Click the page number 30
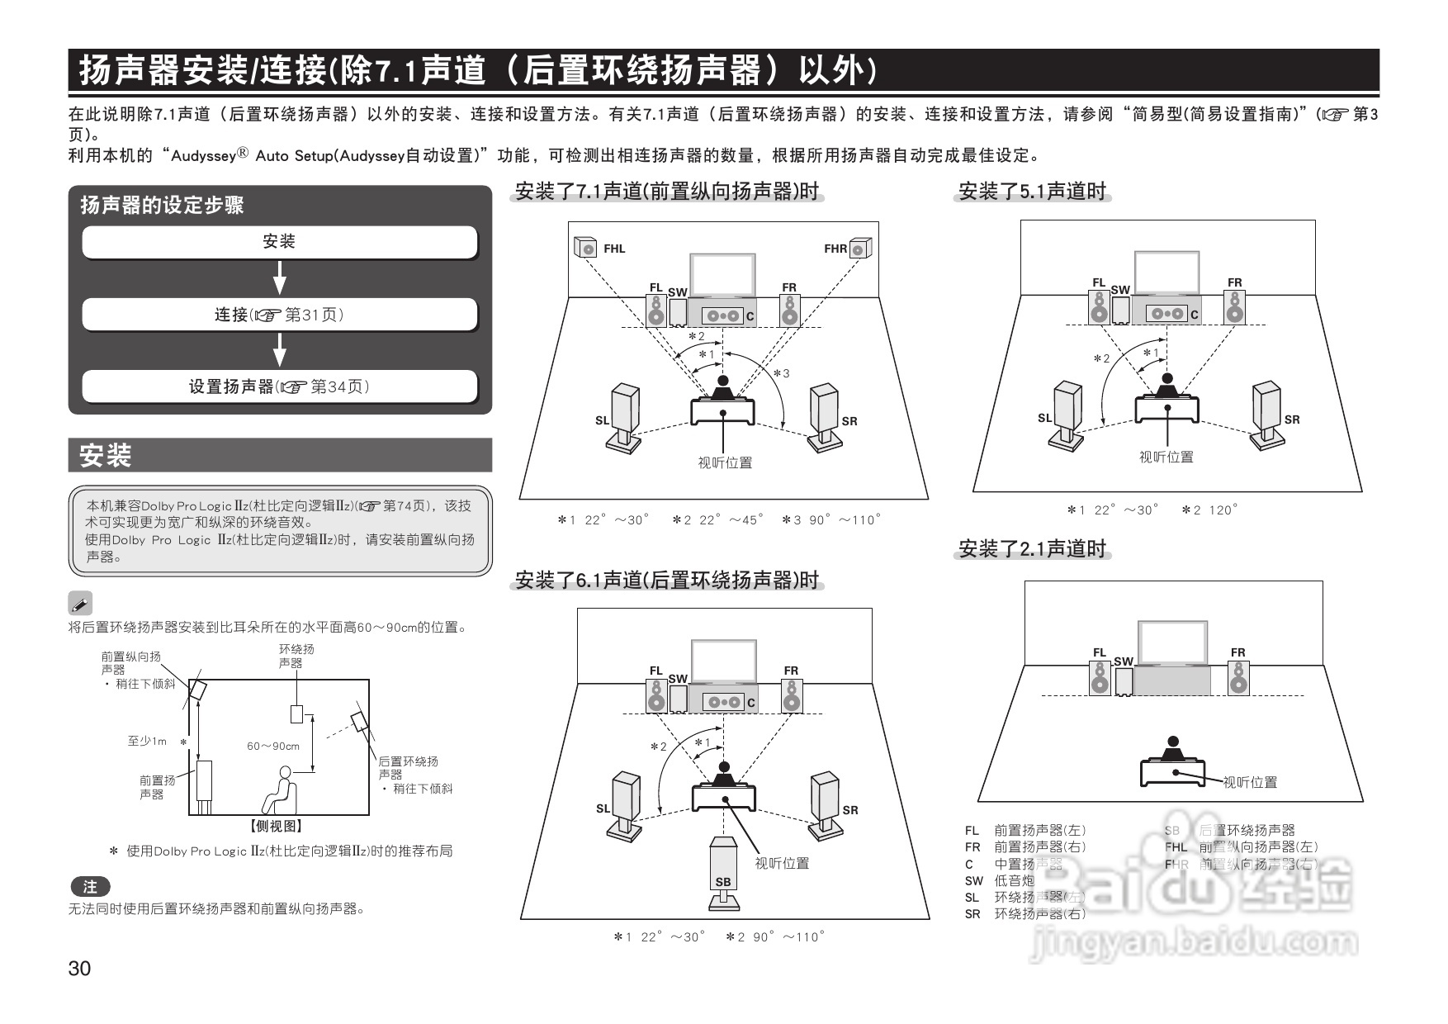pyautogui.click(x=80, y=969)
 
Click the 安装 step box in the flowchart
pyautogui.click(x=279, y=242)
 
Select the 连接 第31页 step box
pyautogui.click(x=279, y=315)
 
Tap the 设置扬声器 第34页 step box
pyautogui.click(x=279, y=386)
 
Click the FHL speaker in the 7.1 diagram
pyautogui.click(x=585, y=248)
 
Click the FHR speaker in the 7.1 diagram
pyautogui.click(x=860, y=248)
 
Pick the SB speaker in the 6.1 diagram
pyautogui.click(x=723, y=867)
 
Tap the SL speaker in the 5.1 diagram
pyautogui.click(x=1067, y=410)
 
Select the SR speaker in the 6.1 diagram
pyautogui.click(x=826, y=801)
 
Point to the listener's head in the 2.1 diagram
pyautogui.click(x=1172, y=742)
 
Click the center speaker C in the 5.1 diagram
pyautogui.click(x=1168, y=314)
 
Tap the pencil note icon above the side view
pyautogui.click(x=80, y=604)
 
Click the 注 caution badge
pyautogui.click(x=90, y=887)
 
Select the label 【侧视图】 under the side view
pyautogui.click(x=277, y=826)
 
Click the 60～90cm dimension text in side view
pyautogui.click(x=273, y=746)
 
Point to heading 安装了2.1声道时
pyautogui.click(x=1032, y=549)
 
